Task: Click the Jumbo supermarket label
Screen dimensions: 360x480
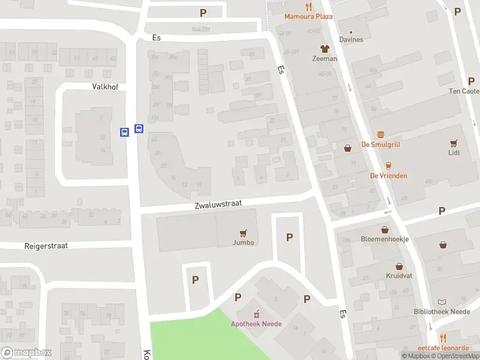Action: point(244,242)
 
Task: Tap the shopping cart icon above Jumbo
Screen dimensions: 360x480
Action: point(244,233)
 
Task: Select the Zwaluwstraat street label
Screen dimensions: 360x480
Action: point(218,204)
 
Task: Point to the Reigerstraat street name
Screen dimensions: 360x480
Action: point(46,246)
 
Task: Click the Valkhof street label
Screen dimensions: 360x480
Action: point(105,86)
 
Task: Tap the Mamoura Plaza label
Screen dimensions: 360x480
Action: point(308,17)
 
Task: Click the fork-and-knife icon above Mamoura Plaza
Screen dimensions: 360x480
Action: point(308,7)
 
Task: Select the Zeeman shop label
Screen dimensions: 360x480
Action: point(325,59)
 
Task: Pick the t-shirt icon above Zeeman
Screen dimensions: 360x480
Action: point(325,49)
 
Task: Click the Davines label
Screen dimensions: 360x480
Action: point(351,40)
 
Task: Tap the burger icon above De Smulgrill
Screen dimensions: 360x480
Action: point(380,134)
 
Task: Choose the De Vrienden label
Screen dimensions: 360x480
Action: point(389,176)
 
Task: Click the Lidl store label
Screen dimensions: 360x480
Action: point(454,152)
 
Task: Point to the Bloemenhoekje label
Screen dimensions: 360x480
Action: point(385,239)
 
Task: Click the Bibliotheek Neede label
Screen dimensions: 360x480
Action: point(442,311)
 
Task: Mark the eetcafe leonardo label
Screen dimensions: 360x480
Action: point(443,348)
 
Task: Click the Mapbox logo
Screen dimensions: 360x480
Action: point(26,353)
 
